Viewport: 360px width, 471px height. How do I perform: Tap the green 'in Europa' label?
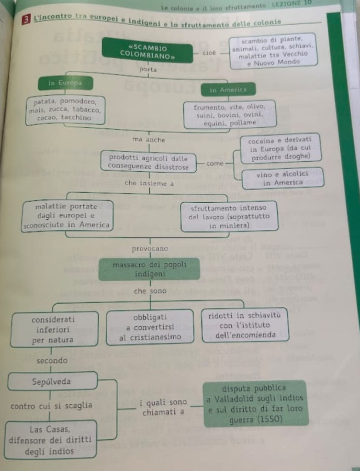[x=65, y=83]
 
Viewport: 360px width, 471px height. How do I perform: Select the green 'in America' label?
[x=228, y=90]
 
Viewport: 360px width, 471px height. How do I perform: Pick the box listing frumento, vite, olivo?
[x=230, y=114]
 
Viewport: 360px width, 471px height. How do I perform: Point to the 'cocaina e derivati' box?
[x=280, y=148]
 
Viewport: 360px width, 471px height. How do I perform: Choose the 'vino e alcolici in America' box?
[x=283, y=178]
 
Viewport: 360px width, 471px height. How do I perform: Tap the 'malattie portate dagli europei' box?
[x=66, y=215]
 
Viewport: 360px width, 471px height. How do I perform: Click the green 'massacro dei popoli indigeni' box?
[x=149, y=269]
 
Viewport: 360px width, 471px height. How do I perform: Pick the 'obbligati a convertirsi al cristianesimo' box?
[x=150, y=327]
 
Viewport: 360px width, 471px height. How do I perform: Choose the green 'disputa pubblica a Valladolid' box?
[x=254, y=403]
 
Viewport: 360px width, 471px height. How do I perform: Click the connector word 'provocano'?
[x=150, y=249]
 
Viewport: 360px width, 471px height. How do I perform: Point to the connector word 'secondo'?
[x=51, y=361]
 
